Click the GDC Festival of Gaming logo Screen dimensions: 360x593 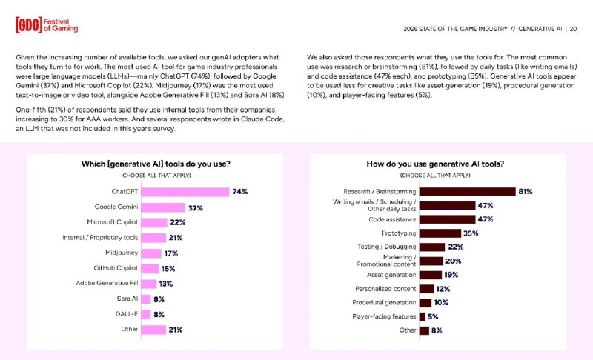(x=46, y=24)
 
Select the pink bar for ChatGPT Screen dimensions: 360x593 (x=185, y=191)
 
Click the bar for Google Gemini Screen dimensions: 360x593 (x=163, y=207)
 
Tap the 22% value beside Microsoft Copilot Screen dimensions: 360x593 (x=176, y=222)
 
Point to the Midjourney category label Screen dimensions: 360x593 (x=119, y=253)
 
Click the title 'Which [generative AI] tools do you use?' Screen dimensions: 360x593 (x=155, y=164)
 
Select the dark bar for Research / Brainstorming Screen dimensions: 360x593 (x=467, y=191)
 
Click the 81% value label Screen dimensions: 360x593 (x=526, y=191)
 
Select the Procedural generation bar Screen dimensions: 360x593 (x=425, y=303)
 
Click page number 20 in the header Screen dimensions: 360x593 (x=573, y=29)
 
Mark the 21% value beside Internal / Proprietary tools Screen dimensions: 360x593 (x=175, y=238)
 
